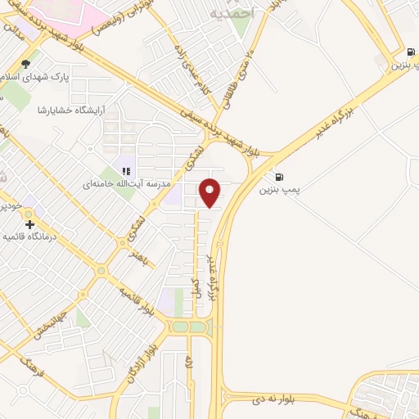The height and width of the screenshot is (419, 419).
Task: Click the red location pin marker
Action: (210, 193)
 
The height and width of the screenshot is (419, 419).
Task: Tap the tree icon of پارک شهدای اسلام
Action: (26, 64)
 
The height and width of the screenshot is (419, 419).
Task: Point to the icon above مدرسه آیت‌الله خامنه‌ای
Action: (126, 171)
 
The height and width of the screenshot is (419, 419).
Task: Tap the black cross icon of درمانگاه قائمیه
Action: (29, 223)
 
